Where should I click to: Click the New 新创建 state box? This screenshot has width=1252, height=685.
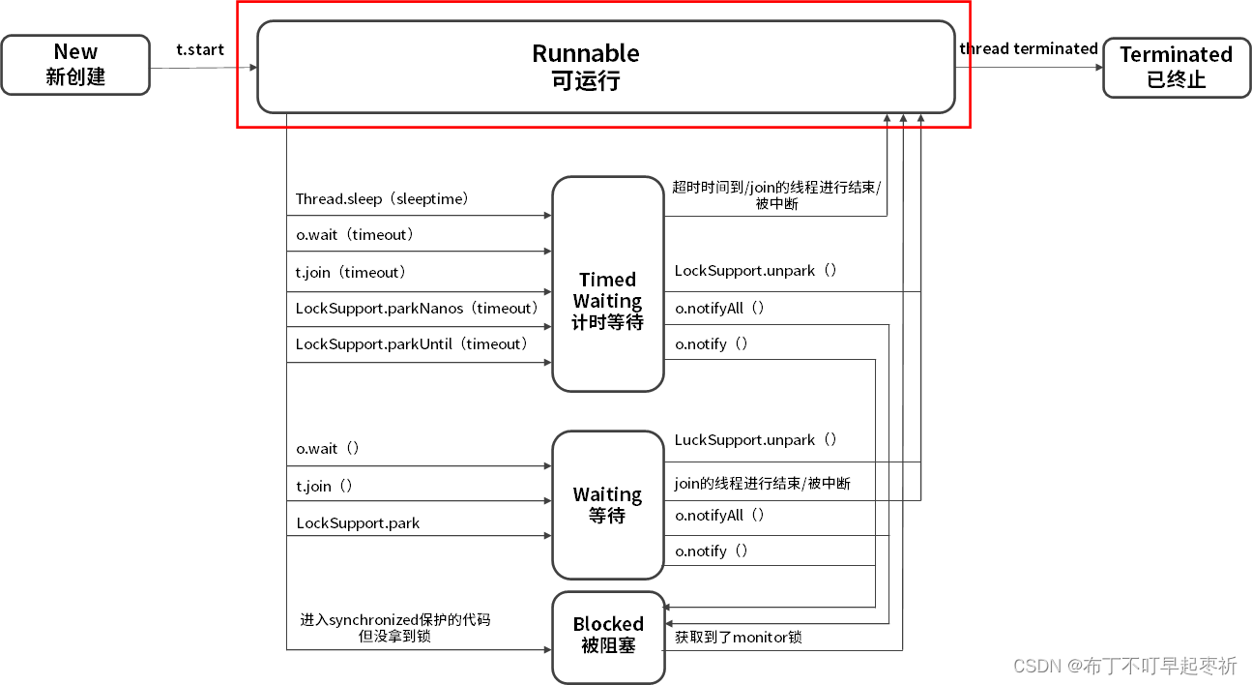(x=75, y=65)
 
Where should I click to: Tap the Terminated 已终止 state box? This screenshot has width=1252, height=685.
(x=1176, y=68)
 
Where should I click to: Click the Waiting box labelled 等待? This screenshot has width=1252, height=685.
(x=607, y=505)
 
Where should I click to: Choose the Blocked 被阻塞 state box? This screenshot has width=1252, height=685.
(x=607, y=635)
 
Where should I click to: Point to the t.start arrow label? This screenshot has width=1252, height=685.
(x=200, y=49)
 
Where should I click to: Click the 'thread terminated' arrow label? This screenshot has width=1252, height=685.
(x=1029, y=48)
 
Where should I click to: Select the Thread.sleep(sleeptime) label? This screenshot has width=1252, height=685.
(x=382, y=198)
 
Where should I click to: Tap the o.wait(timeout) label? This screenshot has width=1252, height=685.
(x=355, y=234)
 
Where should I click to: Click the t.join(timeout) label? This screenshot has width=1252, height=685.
(x=351, y=272)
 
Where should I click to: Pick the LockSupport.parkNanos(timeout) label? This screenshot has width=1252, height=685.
(x=417, y=308)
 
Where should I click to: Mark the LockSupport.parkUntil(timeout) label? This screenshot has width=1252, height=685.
(x=413, y=343)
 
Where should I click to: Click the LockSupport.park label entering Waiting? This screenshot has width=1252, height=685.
(x=358, y=522)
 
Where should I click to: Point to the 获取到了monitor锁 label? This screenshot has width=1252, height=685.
(x=738, y=637)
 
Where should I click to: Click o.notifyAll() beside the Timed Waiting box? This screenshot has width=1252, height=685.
(x=720, y=308)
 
